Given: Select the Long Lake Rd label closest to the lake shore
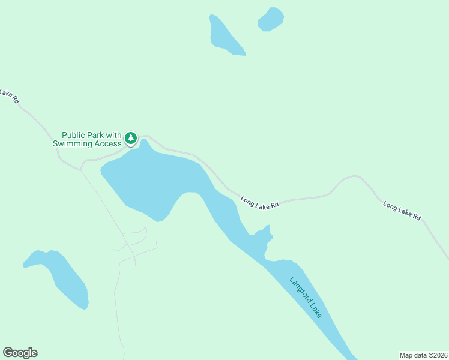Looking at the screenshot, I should [x=260, y=202].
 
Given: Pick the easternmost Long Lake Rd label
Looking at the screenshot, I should [x=402, y=210].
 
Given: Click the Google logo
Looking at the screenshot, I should [x=20, y=353].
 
